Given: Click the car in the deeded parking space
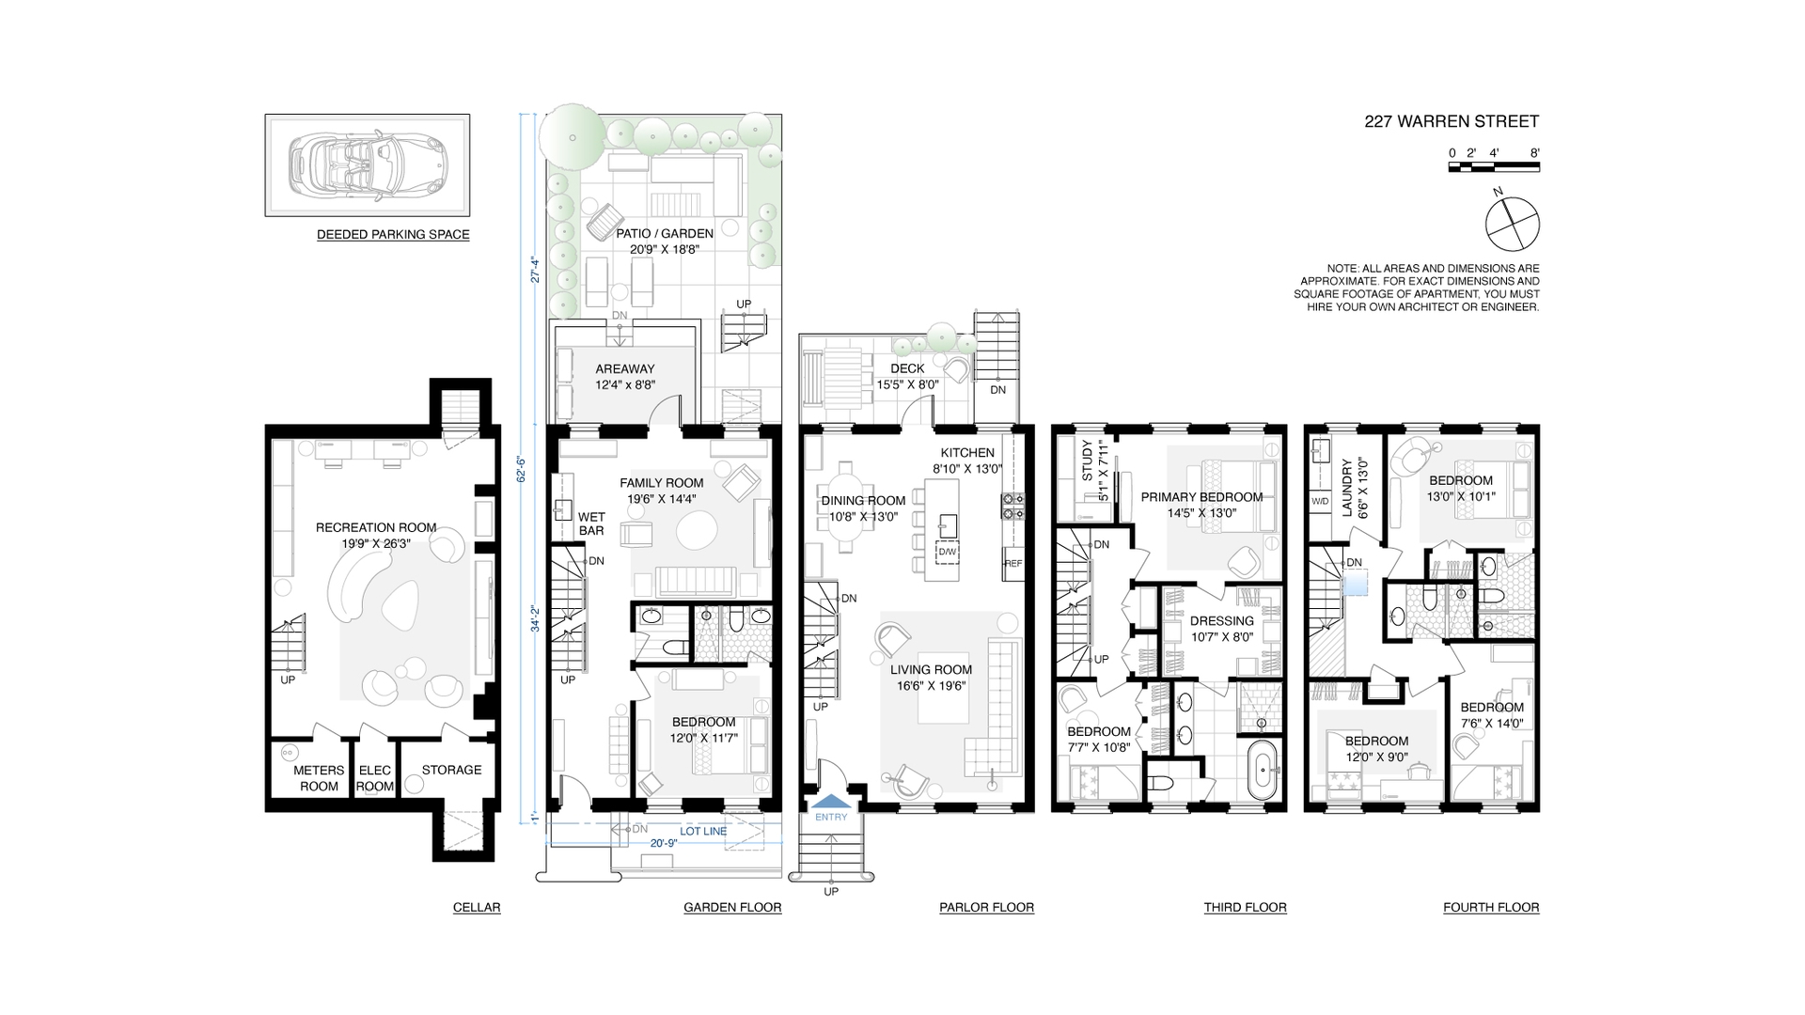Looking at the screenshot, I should point(367,165).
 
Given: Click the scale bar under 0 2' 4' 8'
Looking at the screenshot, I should point(1494,167).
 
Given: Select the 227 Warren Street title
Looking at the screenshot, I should point(1452,121).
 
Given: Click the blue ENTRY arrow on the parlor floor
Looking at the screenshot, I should point(831,802).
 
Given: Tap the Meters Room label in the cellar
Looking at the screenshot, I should point(319,778).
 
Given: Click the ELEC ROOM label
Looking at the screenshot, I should point(375,778).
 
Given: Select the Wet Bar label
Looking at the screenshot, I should point(591,523).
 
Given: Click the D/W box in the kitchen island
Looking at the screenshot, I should point(947,552).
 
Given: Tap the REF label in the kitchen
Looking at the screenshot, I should point(1012,564).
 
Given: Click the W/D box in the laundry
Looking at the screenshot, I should point(1320,501).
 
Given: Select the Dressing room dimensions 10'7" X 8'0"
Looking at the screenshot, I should point(1221,636).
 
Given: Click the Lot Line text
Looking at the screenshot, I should point(703,832).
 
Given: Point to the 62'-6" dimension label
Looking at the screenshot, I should point(519,469).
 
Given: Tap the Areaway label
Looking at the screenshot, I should point(624,369).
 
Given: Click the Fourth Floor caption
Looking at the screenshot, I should point(1491,908).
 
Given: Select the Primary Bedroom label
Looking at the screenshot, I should point(1201,497).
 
